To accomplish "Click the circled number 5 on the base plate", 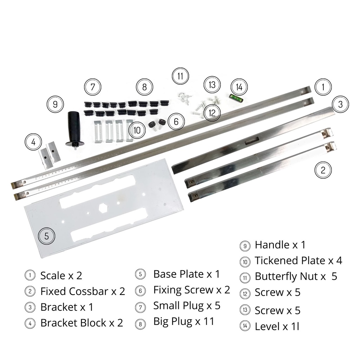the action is click(47, 236).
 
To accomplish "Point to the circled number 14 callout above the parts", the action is click(239, 87).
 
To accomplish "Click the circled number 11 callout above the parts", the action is click(180, 76).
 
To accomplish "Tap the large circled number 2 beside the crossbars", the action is click(323, 170).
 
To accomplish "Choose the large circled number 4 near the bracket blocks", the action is click(33, 142).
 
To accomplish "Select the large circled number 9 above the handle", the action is click(55, 104).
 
